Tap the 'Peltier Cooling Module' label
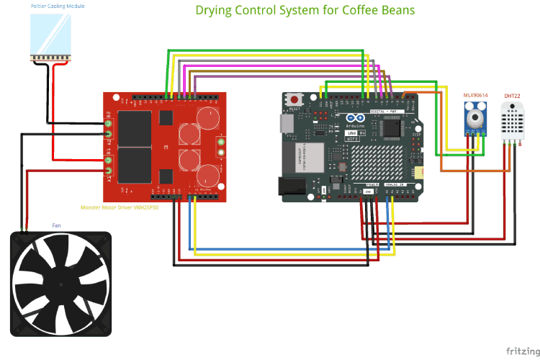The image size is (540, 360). click(58, 6)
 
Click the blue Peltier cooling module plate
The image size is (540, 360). click(51, 33)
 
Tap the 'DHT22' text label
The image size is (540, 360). click(512, 96)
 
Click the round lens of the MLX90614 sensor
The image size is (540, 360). click(474, 116)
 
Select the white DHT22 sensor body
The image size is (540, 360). click(512, 119)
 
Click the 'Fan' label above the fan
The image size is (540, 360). click(56, 225)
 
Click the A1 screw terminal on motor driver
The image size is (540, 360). click(109, 171)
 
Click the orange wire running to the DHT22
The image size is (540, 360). click(475, 171)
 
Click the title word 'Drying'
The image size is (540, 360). click(217, 11)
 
